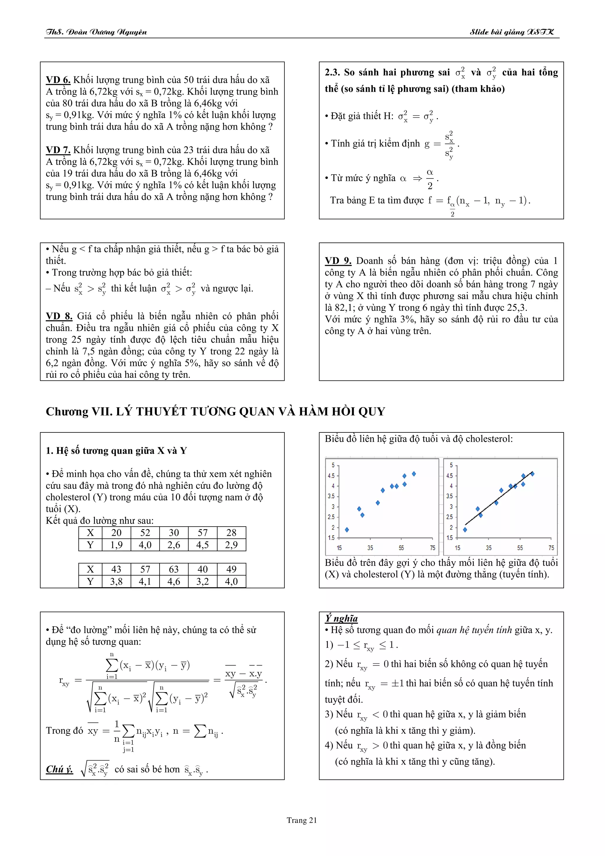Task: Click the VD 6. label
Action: click(58, 80)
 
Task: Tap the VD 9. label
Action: click(338, 261)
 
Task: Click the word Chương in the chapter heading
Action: click(67, 411)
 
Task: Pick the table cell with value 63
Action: click(174, 569)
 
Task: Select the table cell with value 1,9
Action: click(116, 545)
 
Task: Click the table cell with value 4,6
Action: click(174, 582)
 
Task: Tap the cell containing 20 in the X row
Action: click(116, 533)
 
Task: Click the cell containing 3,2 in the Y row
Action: click(202, 582)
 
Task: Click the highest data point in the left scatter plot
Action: click(414, 474)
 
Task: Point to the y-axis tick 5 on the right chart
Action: click(451, 465)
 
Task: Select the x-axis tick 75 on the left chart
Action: click(432, 548)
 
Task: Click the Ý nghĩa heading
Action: click(341, 619)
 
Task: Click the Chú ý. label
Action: click(59, 769)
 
